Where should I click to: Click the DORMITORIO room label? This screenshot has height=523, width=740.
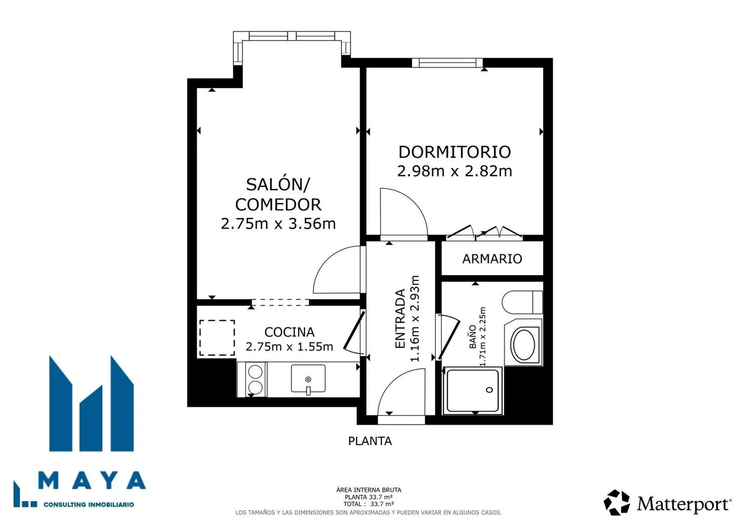[454, 152]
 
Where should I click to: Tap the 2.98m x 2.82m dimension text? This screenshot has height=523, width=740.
[454, 171]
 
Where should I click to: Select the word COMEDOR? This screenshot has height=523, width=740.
[278, 205]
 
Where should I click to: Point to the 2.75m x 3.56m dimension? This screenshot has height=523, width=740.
[278, 223]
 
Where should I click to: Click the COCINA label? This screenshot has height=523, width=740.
[290, 332]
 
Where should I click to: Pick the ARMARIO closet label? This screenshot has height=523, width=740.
[492, 259]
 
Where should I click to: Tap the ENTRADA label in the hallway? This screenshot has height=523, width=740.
[400, 318]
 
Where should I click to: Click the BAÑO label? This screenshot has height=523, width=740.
[473, 337]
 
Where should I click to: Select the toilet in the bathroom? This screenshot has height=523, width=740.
[522, 302]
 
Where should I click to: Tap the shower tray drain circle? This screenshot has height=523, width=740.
[489, 390]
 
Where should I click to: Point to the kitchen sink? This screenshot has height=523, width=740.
[308, 379]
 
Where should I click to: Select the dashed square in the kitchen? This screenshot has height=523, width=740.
[217, 338]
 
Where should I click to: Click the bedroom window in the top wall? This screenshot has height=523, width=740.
[447, 63]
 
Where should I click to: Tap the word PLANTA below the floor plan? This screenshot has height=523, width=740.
[370, 441]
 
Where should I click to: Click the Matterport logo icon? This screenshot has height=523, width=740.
[617, 502]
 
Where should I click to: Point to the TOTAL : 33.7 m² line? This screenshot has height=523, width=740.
[369, 504]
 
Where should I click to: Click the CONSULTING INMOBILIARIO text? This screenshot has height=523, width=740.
[88, 504]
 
